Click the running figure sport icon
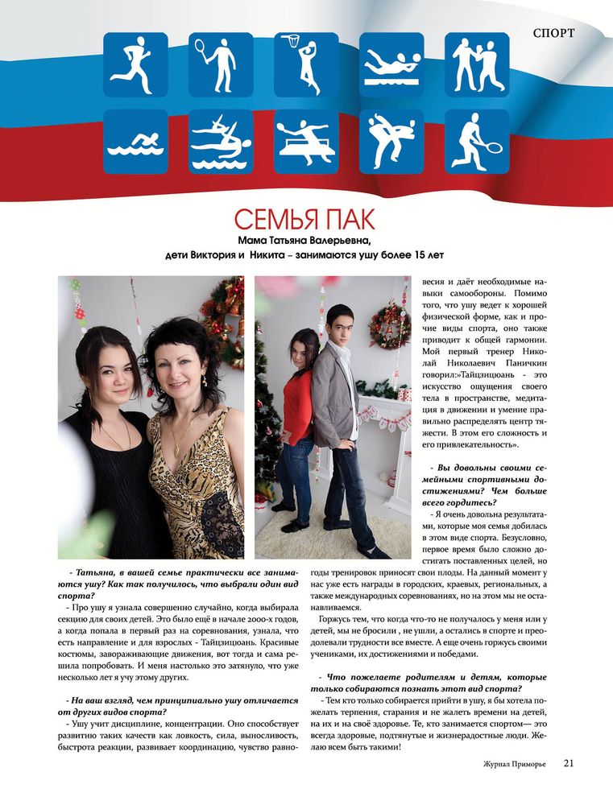[135, 64]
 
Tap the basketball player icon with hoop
[306, 64]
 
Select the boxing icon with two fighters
[477, 64]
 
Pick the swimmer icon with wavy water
[135, 142]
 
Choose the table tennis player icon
[306, 142]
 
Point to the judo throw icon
[391, 142]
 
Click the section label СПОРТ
[553, 34]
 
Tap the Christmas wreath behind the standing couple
[388, 323]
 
